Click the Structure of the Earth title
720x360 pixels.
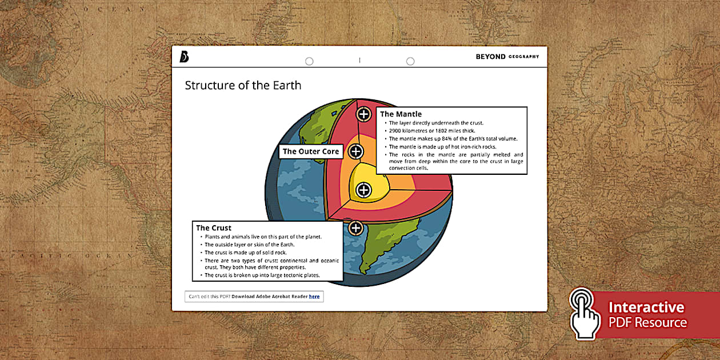(243, 86)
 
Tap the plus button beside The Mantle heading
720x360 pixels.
(364, 114)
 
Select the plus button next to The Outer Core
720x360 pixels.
(356, 151)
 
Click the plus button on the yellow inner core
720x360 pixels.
(364, 190)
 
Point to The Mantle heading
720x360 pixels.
(401, 114)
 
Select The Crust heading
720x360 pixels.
(214, 228)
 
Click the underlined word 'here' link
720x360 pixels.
(314, 297)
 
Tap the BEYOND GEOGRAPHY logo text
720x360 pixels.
(507, 57)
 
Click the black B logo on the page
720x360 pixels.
(183, 57)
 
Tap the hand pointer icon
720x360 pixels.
(583, 314)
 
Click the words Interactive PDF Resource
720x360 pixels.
(647, 315)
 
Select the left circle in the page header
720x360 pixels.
(309, 61)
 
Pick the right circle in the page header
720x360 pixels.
(410, 61)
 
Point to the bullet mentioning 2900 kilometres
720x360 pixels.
(431, 131)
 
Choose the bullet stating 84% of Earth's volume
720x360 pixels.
(453, 139)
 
